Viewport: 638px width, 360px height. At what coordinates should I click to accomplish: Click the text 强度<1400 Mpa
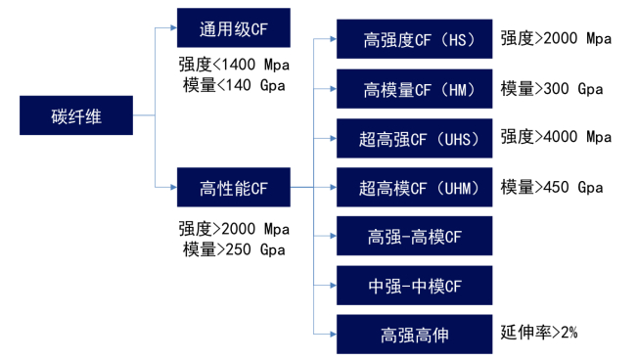[234, 66]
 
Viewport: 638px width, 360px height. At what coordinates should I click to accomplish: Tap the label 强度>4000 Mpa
[555, 136]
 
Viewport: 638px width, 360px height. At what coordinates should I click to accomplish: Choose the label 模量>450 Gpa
[551, 186]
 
